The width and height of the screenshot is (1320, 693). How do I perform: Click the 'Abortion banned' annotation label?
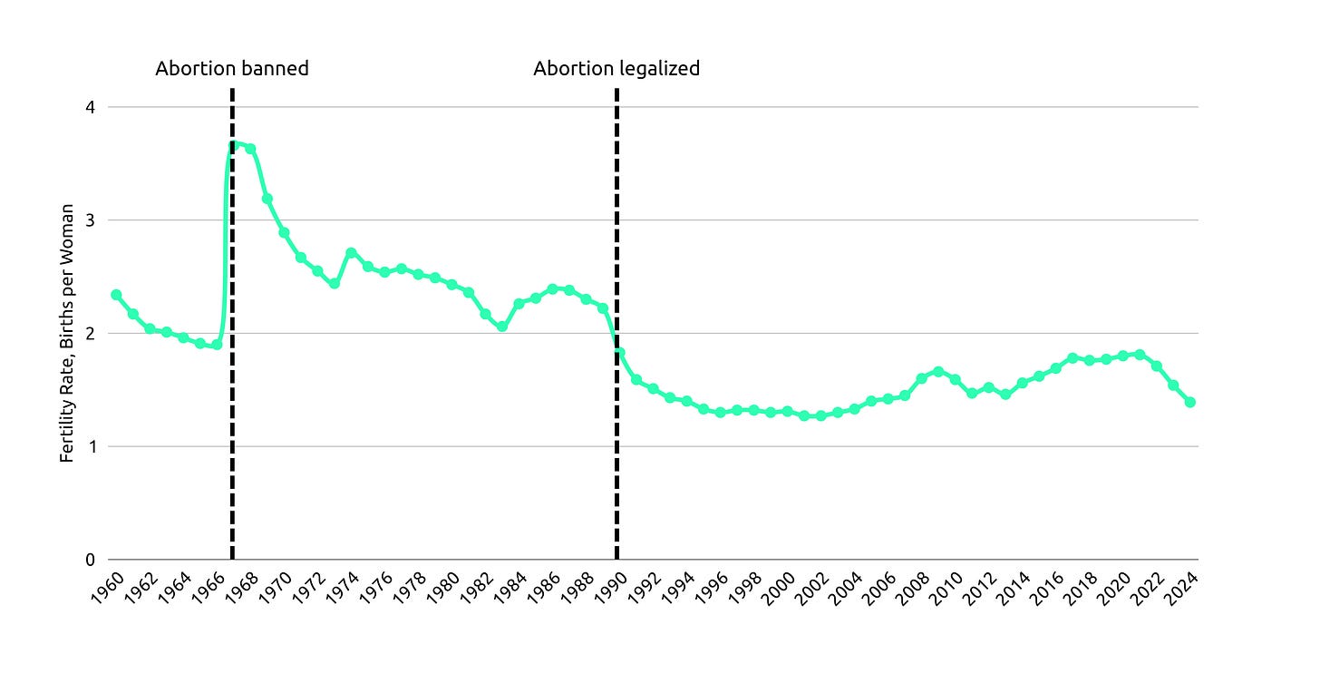click(232, 68)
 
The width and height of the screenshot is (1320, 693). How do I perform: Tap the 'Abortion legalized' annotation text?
click(616, 68)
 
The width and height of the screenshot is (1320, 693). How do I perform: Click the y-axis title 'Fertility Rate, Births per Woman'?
click(66, 333)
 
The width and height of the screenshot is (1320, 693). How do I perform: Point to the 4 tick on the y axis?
click(90, 107)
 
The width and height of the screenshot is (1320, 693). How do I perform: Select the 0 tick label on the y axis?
click(90, 560)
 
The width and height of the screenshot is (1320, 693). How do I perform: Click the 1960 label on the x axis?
click(107, 588)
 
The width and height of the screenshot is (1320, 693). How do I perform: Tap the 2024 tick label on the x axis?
click(1182, 588)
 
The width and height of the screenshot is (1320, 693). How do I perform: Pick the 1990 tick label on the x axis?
click(611, 588)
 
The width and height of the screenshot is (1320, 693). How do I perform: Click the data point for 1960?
click(116, 294)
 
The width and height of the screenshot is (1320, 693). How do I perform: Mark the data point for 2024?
click(1190, 402)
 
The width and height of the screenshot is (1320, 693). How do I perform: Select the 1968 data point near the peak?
click(250, 149)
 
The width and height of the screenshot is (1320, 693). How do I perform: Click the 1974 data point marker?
click(351, 253)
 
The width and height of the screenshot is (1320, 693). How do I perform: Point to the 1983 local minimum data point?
click(502, 327)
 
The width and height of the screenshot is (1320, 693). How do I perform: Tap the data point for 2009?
click(938, 372)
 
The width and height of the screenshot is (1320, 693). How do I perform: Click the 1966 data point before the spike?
click(217, 345)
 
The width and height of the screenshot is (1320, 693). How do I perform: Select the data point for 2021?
click(1140, 355)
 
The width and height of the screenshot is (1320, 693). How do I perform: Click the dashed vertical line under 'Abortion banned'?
click(232, 324)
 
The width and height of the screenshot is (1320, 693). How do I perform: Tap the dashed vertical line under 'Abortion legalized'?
click(616, 324)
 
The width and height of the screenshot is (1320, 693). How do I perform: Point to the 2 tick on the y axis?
click(90, 334)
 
